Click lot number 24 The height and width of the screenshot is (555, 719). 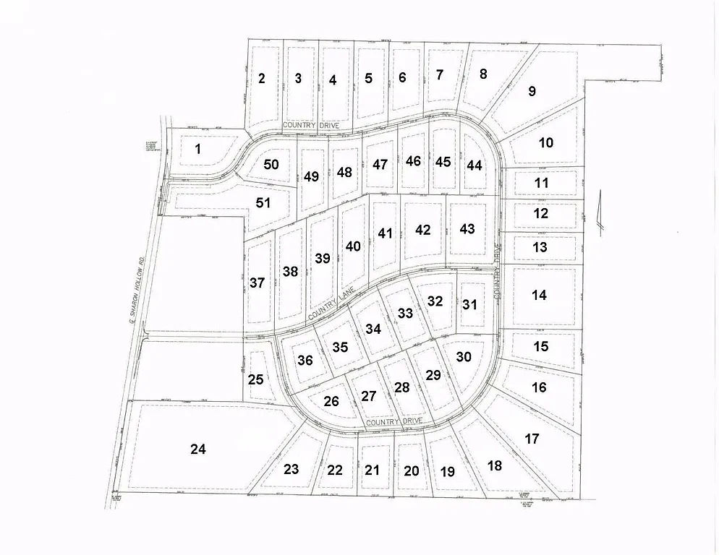point(197,449)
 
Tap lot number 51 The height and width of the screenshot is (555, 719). point(263,202)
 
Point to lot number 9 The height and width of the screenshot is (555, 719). point(532,91)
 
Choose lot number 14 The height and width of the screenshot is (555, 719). point(538,295)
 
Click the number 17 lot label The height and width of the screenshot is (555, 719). point(532,439)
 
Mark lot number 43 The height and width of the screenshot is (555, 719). point(467,228)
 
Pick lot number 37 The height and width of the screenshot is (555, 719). point(257,283)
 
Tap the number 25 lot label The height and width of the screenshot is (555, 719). point(255,379)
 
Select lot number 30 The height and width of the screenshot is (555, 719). point(464,356)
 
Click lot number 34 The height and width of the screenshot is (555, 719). point(373,329)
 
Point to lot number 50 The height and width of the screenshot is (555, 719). point(271,164)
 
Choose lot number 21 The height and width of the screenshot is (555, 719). point(372,470)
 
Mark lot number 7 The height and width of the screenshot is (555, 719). point(438,74)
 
